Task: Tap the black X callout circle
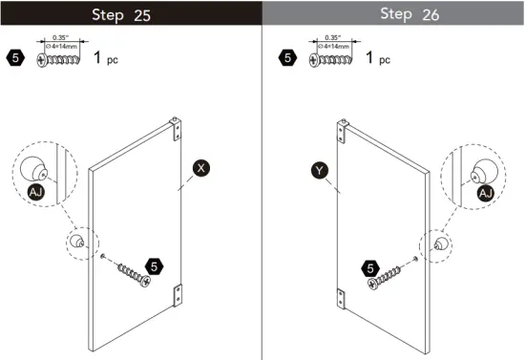click(201, 168)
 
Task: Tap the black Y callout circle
click(320, 172)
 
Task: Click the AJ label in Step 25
click(35, 192)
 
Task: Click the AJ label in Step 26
click(486, 193)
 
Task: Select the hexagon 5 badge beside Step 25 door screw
click(153, 265)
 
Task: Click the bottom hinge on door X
click(176, 296)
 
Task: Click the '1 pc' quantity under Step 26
click(380, 59)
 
